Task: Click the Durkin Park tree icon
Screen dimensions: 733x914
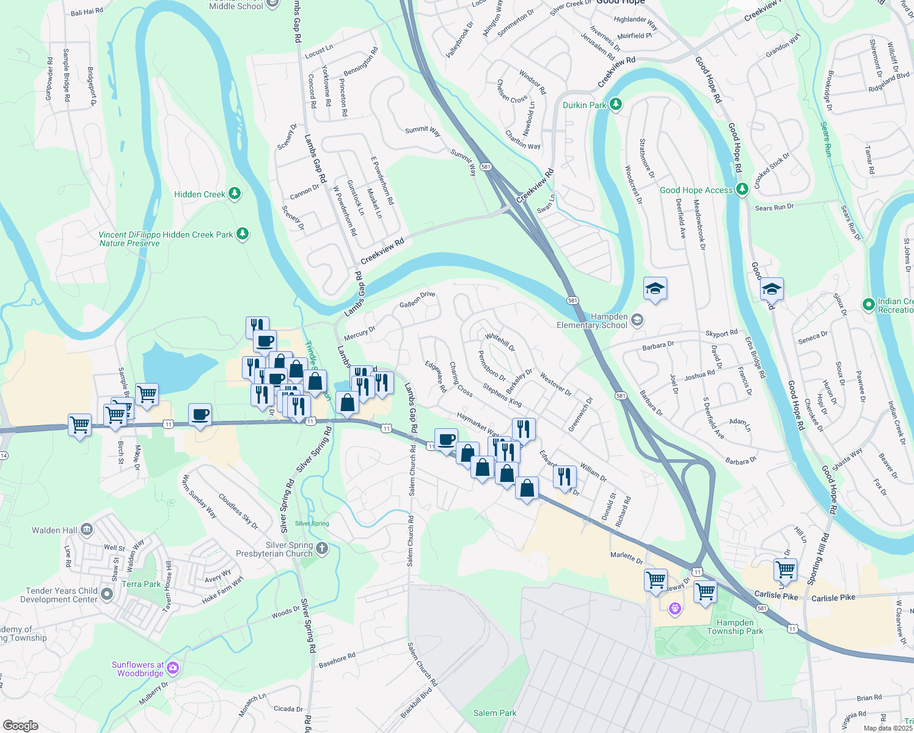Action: click(616, 105)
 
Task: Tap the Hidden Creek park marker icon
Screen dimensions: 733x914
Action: click(234, 194)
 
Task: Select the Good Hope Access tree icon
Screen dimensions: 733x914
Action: click(742, 190)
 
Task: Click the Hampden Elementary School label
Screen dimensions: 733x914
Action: click(591, 321)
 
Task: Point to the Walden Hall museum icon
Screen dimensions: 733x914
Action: click(87, 530)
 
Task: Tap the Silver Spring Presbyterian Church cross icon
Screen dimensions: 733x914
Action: click(322, 549)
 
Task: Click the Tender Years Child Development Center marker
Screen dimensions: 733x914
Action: click(107, 594)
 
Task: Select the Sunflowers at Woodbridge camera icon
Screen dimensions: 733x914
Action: click(173, 668)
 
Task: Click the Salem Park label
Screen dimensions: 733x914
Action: click(495, 713)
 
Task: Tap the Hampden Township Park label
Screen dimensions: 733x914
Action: click(735, 627)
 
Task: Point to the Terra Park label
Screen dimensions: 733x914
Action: click(141, 584)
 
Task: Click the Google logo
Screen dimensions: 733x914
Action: click(20, 725)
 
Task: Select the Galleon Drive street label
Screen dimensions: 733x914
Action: click(417, 299)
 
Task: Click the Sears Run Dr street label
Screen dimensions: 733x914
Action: click(774, 207)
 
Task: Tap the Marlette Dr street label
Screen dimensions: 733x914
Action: click(627, 557)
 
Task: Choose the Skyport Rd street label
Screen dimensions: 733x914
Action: click(722, 334)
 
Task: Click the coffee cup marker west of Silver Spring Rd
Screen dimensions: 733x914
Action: click(200, 415)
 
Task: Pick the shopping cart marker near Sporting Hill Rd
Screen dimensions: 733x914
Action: click(785, 570)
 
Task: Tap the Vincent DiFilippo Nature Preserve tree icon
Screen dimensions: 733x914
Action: click(243, 234)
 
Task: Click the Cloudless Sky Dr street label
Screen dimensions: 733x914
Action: click(238, 511)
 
